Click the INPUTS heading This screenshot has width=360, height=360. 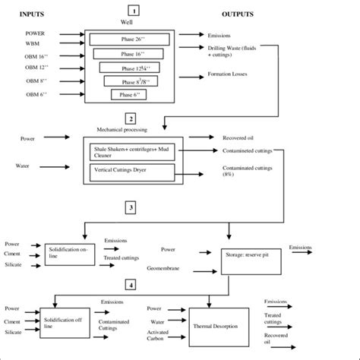36,14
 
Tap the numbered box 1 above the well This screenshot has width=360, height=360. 134,11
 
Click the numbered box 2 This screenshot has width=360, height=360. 131,119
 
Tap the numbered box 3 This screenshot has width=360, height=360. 132,207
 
